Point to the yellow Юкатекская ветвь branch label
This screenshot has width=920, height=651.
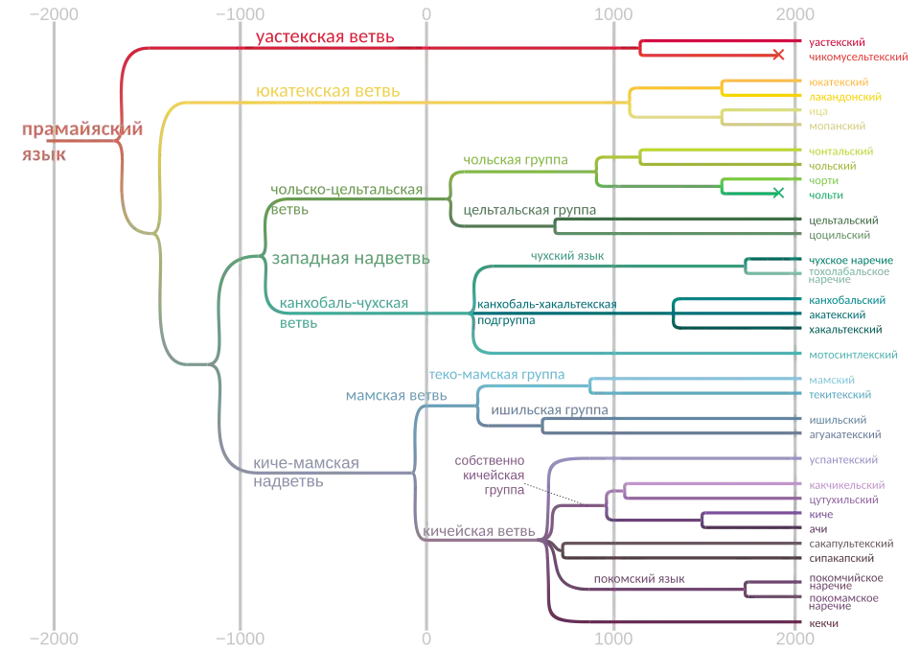329,93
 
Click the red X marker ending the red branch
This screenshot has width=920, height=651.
779,54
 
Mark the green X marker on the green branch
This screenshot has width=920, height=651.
778,191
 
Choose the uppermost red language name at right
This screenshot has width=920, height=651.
837,41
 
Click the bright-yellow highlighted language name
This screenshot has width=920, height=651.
844,98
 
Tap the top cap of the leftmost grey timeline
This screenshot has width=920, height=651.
54,14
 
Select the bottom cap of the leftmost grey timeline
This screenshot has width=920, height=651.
54,636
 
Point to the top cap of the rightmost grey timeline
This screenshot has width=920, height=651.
797,14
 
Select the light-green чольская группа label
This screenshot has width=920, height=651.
514,159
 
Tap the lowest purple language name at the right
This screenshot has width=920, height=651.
826,623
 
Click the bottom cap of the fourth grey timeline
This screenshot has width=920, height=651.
612,636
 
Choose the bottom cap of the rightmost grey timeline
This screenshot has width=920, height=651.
797,636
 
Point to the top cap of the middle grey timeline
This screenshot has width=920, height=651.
425,14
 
